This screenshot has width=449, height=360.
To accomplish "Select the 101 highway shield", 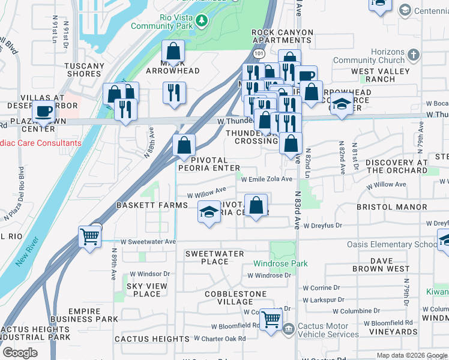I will point(258,54).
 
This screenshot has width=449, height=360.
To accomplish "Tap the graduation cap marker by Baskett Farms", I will point(209,212).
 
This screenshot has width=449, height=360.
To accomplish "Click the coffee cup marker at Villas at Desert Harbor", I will point(43,110).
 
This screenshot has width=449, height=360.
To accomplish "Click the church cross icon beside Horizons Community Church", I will point(412,56).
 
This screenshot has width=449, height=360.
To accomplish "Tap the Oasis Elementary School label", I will point(392,244).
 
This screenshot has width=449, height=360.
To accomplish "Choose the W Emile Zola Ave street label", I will point(267,179).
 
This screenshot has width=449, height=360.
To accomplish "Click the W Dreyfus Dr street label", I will point(322,226).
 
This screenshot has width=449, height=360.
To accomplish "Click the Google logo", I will point(20,353).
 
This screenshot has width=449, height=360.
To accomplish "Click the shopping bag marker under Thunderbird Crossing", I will point(291,143).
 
